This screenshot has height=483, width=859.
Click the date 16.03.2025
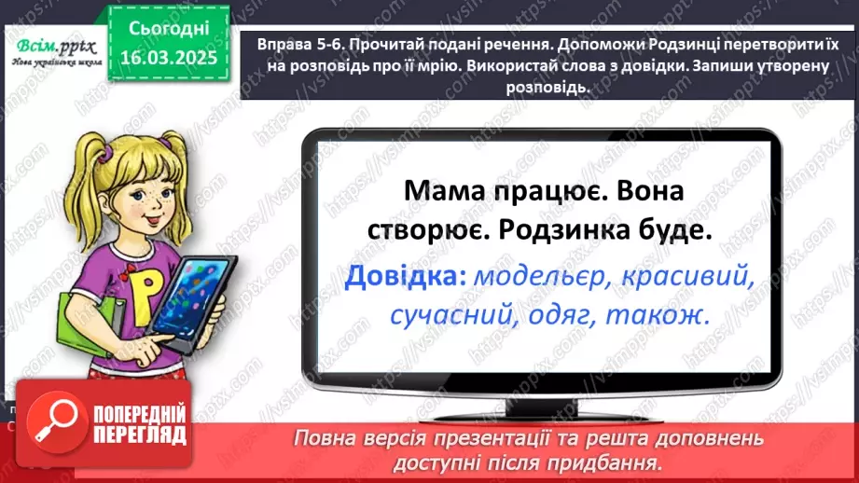[168, 57]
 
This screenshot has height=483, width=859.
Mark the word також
[658, 317]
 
